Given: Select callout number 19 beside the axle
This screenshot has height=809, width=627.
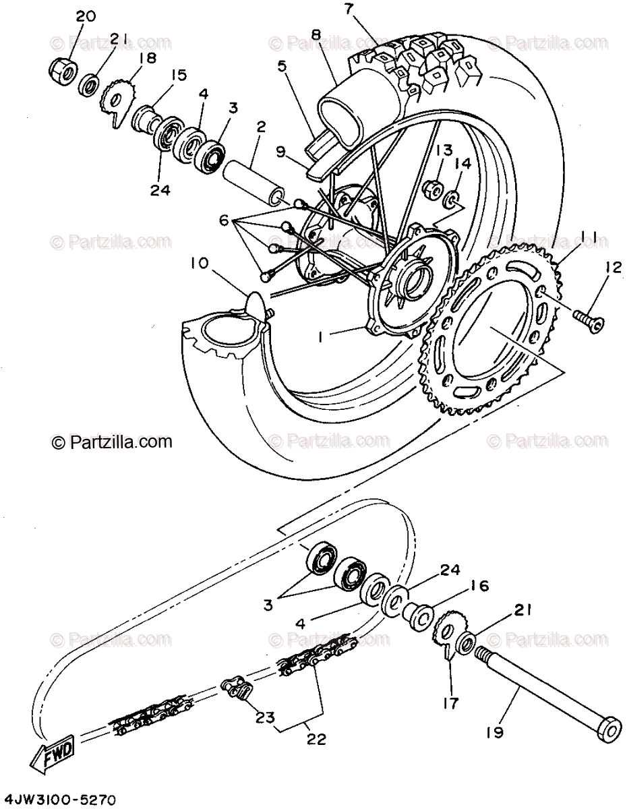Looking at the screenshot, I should pyautogui.click(x=495, y=732).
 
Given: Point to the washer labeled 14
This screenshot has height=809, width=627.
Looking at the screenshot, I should pyautogui.click(x=453, y=200).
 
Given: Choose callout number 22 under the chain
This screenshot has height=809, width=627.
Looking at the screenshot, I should pyautogui.click(x=316, y=739).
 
